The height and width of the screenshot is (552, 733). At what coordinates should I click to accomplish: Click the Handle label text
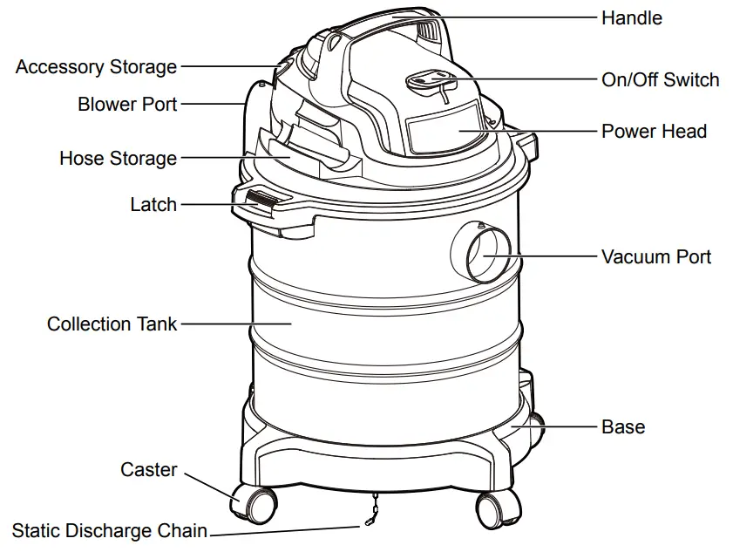[x=631, y=17]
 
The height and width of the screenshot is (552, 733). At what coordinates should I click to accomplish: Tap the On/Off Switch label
[x=660, y=80]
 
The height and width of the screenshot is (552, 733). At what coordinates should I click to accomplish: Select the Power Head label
[x=654, y=132]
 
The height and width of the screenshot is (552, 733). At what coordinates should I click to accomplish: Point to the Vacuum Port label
[x=655, y=257]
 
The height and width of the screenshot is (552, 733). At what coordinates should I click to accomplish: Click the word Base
[x=623, y=427]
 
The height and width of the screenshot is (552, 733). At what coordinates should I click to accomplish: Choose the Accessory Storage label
[x=96, y=67]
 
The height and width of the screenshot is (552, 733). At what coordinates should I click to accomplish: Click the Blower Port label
[x=127, y=105]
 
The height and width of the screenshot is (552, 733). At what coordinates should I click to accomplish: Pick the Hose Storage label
[x=118, y=159]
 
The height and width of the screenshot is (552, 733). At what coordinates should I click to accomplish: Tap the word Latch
[x=153, y=205]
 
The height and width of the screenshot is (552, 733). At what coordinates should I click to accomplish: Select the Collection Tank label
[x=112, y=324]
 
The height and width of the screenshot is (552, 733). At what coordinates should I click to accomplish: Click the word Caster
[x=148, y=470]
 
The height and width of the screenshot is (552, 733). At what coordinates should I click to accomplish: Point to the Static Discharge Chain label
[x=109, y=530]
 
